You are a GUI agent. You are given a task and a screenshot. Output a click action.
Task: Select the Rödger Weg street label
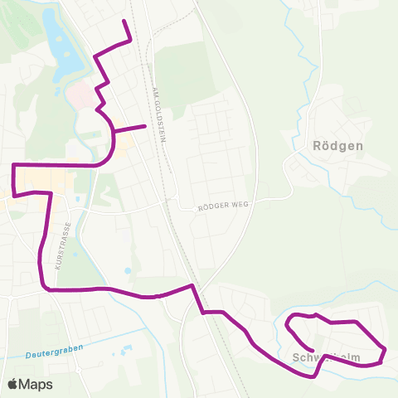(223, 208)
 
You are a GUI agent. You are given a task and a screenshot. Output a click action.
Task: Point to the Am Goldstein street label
(160, 114)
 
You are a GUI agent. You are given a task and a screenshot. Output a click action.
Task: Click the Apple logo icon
(12, 384)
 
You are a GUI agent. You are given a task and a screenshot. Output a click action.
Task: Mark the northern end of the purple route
(124, 20)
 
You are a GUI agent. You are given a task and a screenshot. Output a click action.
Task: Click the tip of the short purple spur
(145, 126)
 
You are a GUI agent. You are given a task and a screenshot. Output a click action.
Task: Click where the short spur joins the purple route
(114, 131)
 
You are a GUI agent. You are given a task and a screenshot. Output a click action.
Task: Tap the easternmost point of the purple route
(386, 349)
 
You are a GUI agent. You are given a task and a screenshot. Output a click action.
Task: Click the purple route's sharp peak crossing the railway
(192, 286)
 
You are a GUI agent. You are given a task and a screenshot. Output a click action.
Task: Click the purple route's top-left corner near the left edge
(14, 166)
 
